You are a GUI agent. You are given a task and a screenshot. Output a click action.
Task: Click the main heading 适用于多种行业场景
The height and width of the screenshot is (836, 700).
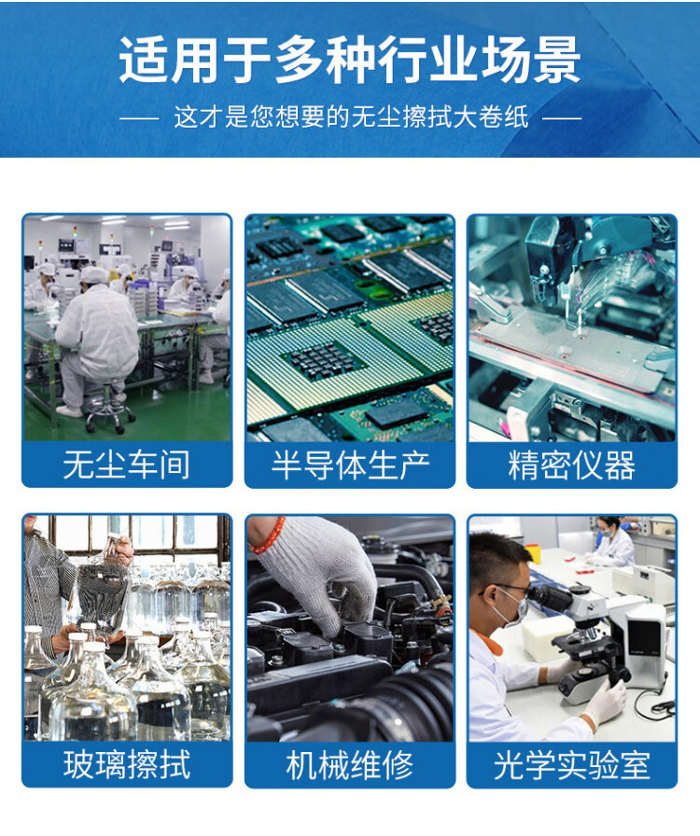point(349,60)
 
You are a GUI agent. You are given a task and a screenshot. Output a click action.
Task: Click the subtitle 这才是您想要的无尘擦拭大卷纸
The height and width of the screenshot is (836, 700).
point(351,118)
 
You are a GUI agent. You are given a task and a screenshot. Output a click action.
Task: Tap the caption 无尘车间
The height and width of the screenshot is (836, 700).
point(126,465)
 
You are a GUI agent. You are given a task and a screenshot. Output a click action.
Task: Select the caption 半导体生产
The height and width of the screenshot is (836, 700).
point(350,465)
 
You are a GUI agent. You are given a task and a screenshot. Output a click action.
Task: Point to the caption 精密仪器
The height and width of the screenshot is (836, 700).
point(572,465)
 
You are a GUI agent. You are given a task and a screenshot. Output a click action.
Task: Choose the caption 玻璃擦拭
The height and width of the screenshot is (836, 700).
point(126,765)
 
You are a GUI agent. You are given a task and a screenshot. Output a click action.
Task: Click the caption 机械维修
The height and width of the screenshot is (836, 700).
point(350,765)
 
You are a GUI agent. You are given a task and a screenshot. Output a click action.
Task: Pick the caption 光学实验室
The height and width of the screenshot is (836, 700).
point(572,765)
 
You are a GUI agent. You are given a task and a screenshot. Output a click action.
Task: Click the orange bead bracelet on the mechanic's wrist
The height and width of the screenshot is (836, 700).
point(267,536)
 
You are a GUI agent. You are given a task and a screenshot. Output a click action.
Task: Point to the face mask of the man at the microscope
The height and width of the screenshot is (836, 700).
point(512,607)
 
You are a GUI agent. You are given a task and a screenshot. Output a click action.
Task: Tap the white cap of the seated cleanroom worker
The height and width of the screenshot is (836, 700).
point(94,275)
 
